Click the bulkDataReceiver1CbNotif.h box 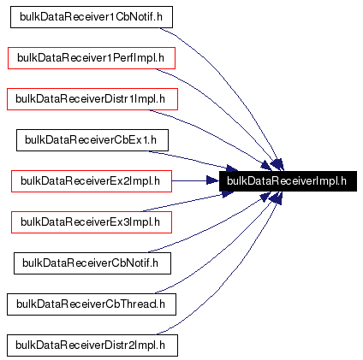coord(92,16)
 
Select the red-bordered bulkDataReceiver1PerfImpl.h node coord(92,57)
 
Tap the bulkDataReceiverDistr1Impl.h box coord(92,98)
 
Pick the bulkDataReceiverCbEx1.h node coord(92,139)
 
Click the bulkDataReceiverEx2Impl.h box coord(92,180)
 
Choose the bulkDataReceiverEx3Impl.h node coord(92,221)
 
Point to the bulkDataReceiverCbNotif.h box coord(92,263)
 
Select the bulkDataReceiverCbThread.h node coord(92,304)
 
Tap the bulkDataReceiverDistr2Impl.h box coord(92,345)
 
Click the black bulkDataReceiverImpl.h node coord(287,180)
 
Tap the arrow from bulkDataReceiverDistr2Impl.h coord(231,291)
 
